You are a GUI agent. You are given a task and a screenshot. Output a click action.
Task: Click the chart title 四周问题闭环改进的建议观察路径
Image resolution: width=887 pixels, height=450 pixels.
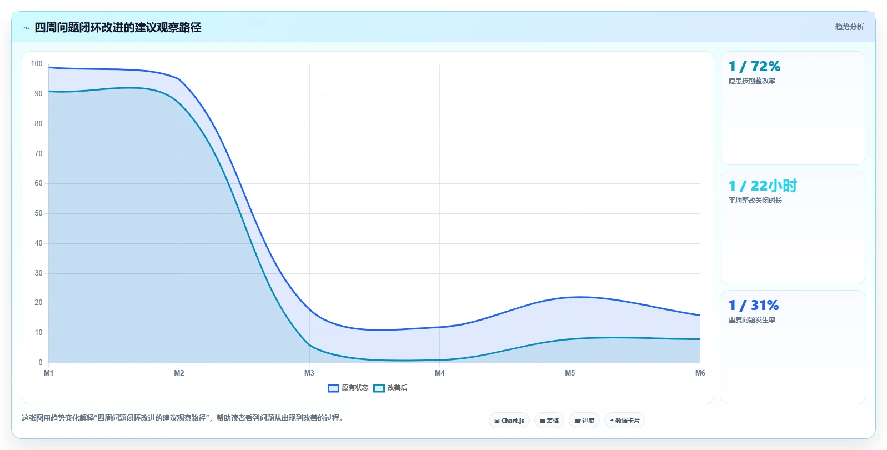click(118, 27)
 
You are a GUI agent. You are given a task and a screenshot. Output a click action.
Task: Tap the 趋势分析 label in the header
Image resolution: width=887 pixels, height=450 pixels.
click(849, 27)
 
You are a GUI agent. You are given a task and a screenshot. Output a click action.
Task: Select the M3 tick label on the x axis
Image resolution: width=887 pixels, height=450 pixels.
click(309, 373)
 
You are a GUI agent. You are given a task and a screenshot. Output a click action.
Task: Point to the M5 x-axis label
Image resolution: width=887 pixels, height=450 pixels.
click(570, 373)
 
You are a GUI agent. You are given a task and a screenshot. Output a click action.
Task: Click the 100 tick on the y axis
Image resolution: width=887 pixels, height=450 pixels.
click(37, 63)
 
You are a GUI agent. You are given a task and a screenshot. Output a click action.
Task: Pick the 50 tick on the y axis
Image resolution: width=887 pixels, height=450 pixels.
click(38, 213)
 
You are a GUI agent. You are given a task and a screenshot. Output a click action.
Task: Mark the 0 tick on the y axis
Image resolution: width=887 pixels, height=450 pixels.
click(41, 362)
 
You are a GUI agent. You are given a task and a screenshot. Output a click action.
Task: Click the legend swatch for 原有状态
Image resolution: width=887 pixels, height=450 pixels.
click(333, 388)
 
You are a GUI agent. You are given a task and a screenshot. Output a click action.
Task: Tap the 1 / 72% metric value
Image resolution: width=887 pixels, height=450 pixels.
click(754, 66)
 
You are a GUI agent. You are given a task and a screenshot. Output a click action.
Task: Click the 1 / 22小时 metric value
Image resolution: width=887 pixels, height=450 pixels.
click(763, 186)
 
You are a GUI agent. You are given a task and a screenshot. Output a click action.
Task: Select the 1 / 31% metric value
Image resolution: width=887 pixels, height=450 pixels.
click(754, 305)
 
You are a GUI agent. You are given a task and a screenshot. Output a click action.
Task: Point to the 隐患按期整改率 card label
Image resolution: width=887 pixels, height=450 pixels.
click(752, 81)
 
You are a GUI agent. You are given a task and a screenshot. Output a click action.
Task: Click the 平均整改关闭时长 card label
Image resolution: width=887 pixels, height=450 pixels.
click(755, 201)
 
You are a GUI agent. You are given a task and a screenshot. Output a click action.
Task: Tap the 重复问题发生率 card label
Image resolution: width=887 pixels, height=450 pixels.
click(752, 319)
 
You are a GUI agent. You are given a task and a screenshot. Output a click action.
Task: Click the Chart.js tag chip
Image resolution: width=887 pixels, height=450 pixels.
click(509, 421)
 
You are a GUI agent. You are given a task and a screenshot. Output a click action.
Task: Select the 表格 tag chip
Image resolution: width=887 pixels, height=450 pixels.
click(549, 421)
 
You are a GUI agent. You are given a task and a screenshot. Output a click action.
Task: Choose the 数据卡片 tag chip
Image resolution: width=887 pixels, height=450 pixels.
click(624, 421)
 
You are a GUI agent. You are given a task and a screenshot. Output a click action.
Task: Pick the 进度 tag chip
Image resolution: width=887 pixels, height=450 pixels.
click(584, 421)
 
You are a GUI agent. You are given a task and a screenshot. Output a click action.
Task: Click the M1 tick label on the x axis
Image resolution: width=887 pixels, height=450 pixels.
click(48, 373)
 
